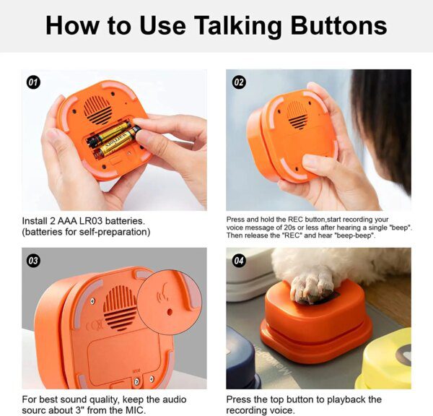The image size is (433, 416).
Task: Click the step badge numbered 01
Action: click(x=33, y=82)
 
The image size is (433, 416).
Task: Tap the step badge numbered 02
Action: click(x=239, y=82)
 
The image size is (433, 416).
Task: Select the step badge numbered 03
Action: click(x=33, y=261)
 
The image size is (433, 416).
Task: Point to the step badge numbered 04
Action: click(x=239, y=261)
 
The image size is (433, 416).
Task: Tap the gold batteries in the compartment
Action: click(x=114, y=140)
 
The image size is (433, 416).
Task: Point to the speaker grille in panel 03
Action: click(x=120, y=306)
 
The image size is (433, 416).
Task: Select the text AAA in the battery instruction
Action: click(x=69, y=220)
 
